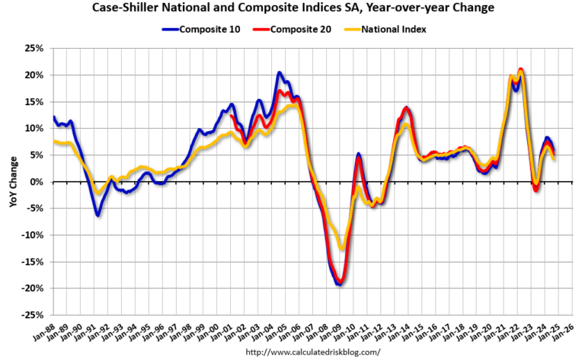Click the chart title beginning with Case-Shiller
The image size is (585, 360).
[292, 8]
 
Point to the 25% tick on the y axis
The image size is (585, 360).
[33, 48]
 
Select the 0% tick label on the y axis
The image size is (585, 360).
[36, 182]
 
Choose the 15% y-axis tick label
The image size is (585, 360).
[33, 101]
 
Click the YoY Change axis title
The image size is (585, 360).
[13, 181]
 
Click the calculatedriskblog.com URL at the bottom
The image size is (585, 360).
[312, 353]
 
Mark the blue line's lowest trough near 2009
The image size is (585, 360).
[338, 285]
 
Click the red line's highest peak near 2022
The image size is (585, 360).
[520, 70]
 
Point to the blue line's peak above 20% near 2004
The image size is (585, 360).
[280, 73]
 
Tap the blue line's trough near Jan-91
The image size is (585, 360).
[97, 215]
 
